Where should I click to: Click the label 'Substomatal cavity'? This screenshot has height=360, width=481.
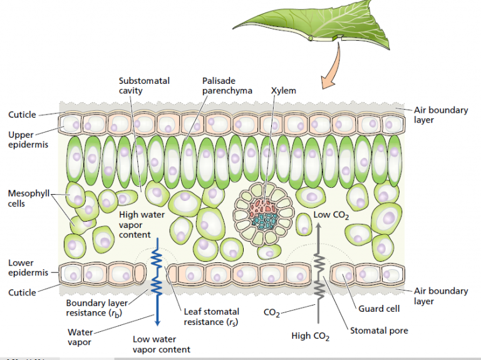144,85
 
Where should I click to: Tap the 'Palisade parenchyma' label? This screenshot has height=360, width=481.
227,85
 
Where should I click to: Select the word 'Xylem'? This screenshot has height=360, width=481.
283,90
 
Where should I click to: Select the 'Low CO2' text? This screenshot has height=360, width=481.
331,217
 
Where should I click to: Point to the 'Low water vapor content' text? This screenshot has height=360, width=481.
162,344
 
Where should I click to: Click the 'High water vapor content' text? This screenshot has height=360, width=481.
142,224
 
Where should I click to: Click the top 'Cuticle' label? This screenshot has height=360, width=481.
22,115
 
